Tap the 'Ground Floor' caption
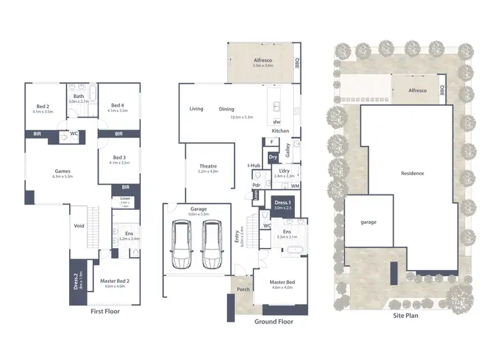click(x=273, y=322)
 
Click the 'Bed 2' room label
click(x=44, y=107)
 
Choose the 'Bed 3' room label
click(x=119, y=159)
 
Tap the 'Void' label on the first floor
click(x=79, y=226)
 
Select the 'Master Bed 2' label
click(x=115, y=281)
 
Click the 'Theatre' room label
click(x=209, y=168)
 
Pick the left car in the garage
click(x=182, y=246)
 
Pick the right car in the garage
click(x=212, y=246)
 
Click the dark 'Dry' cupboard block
click(x=273, y=157)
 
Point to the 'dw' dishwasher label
click(x=276, y=121)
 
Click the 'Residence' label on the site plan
click(x=412, y=173)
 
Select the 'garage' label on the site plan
click(x=368, y=222)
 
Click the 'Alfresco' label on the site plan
click(x=417, y=91)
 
